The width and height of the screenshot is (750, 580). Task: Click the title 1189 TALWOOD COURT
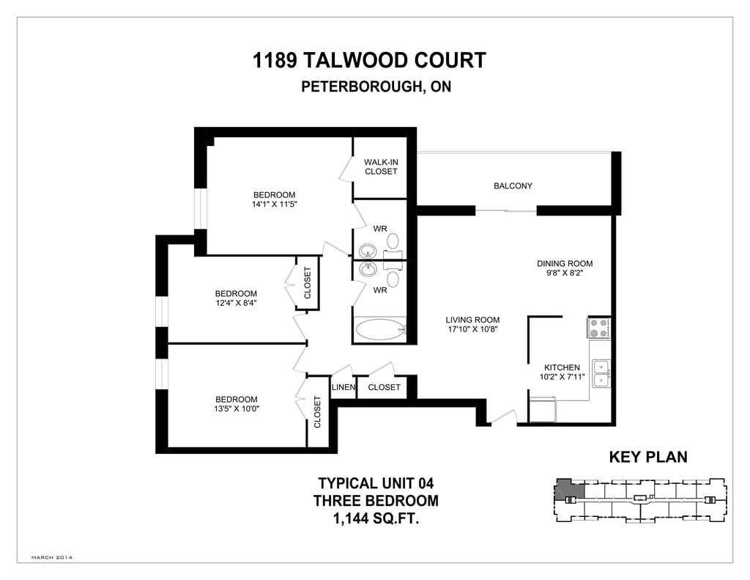369,60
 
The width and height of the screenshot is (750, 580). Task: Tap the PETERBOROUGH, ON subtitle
376,87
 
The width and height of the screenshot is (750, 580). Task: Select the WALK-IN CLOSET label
381,166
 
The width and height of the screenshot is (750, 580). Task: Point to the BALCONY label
513,186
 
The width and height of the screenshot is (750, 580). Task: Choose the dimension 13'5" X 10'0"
237,408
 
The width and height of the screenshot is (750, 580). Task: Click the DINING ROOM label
564,263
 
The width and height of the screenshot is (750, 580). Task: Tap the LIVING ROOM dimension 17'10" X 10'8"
473,329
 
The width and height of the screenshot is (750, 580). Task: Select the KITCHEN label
562,367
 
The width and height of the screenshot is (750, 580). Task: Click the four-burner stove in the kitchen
599,327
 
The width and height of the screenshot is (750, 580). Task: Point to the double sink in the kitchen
601,372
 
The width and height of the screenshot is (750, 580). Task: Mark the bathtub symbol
379,329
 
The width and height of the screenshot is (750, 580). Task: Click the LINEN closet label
344,387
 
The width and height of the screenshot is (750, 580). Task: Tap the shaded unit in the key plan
567,489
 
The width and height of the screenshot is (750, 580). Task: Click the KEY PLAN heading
648,458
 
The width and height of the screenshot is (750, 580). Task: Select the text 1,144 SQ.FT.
376,519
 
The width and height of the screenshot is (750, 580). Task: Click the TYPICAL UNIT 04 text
376,483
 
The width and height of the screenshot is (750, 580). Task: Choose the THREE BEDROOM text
376,501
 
